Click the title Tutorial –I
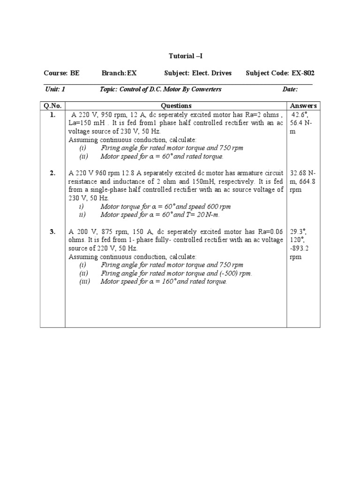coord(186,56)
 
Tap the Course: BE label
coord(61,73)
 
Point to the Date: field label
coord(290,89)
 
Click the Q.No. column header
coord(52,106)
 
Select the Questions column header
coord(176,106)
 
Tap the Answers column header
coord(304,106)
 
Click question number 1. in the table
coord(52,115)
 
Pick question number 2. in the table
coord(52,173)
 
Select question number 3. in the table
coord(52,232)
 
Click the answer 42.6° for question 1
coord(300,115)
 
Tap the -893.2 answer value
coord(300,248)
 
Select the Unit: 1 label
coord(55,89)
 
